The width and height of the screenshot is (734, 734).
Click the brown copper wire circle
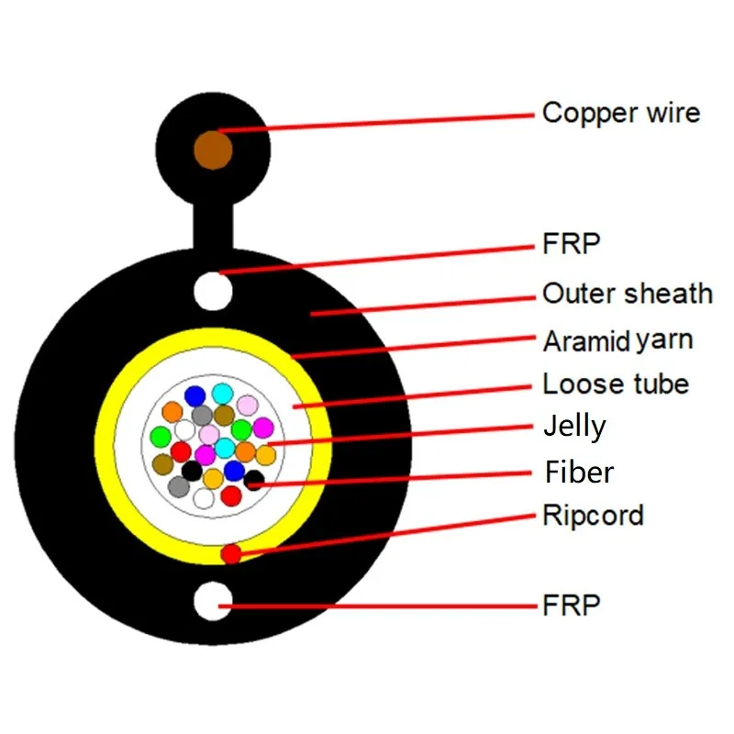(x=213, y=150)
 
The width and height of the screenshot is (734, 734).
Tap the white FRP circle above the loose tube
(x=214, y=290)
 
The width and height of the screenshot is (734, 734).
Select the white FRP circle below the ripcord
(x=214, y=601)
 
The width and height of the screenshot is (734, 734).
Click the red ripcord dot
(x=231, y=553)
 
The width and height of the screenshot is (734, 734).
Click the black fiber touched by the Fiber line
(x=254, y=480)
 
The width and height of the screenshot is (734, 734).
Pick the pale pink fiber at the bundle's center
(x=209, y=434)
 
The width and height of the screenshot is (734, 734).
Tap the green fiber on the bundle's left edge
(x=161, y=436)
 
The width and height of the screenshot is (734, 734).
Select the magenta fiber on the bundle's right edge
(x=262, y=427)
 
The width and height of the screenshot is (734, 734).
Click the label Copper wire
(x=620, y=113)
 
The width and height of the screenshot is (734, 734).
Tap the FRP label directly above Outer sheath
(x=571, y=245)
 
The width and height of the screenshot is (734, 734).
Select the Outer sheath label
(x=627, y=294)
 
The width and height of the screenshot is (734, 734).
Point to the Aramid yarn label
(x=617, y=341)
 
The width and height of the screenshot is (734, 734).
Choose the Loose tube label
(x=615, y=384)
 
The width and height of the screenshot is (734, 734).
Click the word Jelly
(x=574, y=427)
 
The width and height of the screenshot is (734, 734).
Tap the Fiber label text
(x=579, y=473)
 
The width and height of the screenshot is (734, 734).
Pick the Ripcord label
(x=593, y=515)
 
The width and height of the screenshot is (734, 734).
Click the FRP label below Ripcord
(x=571, y=605)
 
